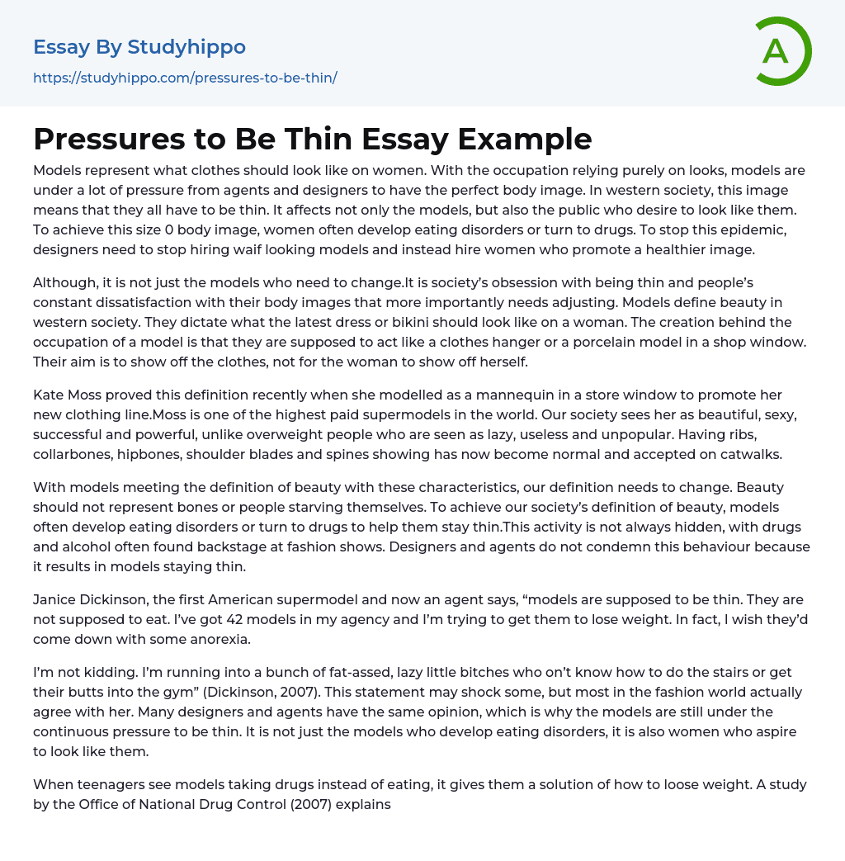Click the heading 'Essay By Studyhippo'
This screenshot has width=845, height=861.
coord(139,47)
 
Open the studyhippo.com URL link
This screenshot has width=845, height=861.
coord(185,78)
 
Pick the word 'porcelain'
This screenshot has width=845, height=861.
coord(578,342)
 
